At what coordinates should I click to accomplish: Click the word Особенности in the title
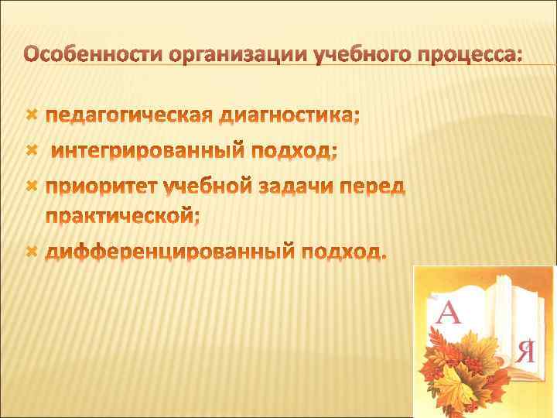94,56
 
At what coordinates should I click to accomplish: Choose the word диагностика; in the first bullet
289,116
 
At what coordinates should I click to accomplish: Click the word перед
380,186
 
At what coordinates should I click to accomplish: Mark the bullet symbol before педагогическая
32,115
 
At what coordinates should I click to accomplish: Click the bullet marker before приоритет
32,185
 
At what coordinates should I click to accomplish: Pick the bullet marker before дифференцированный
32,251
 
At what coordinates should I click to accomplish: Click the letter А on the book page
451,314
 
